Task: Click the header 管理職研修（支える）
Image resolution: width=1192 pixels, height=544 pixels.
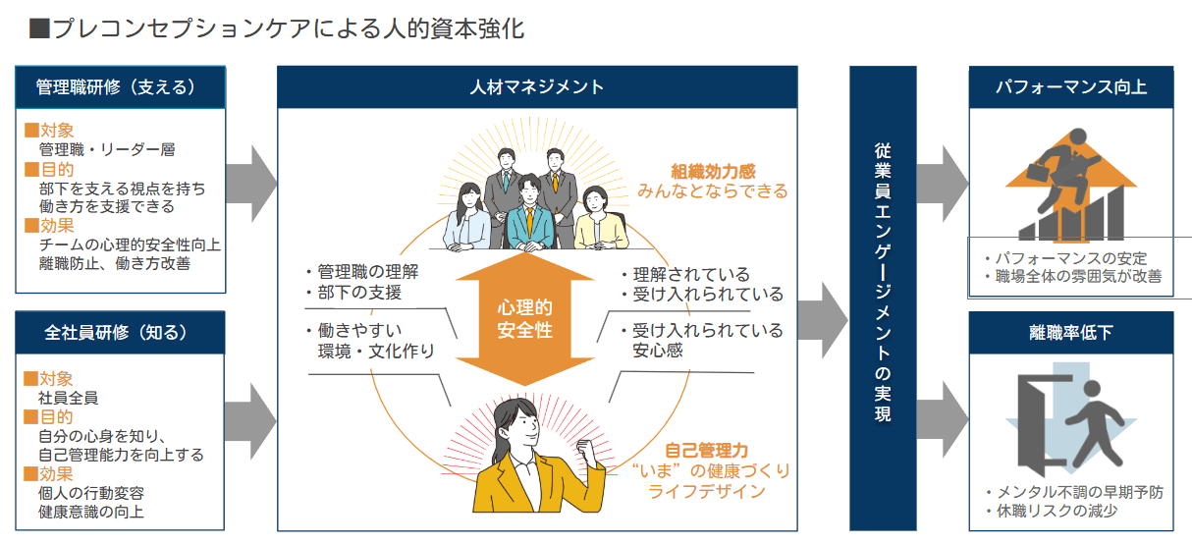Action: tap(120, 86)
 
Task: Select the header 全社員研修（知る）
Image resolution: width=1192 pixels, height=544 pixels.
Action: tap(120, 332)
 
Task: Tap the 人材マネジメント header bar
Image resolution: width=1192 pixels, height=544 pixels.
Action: tap(536, 86)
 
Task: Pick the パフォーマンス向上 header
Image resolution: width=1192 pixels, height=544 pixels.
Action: tap(1070, 86)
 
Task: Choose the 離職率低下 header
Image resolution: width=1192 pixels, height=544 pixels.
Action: tap(1070, 332)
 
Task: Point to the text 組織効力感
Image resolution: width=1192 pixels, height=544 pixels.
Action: tap(713, 171)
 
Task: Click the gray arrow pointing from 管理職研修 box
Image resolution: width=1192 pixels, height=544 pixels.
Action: tap(251, 184)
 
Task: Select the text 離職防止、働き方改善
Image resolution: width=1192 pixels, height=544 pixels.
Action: tap(115, 263)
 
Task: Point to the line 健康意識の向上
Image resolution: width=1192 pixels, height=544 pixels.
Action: tap(93, 512)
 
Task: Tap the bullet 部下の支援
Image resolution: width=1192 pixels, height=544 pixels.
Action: tap(359, 293)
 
